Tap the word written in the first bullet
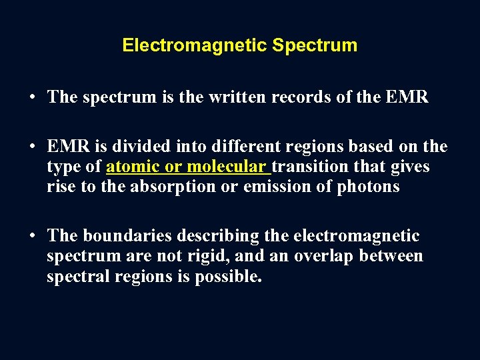[227, 97]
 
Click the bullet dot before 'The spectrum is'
[32, 97]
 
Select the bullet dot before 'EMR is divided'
[32, 147]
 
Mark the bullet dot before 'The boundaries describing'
[32, 236]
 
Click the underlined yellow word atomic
[133, 167]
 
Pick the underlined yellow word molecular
[226, 167]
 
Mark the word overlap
[320, 256]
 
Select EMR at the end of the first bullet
[407, 97]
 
